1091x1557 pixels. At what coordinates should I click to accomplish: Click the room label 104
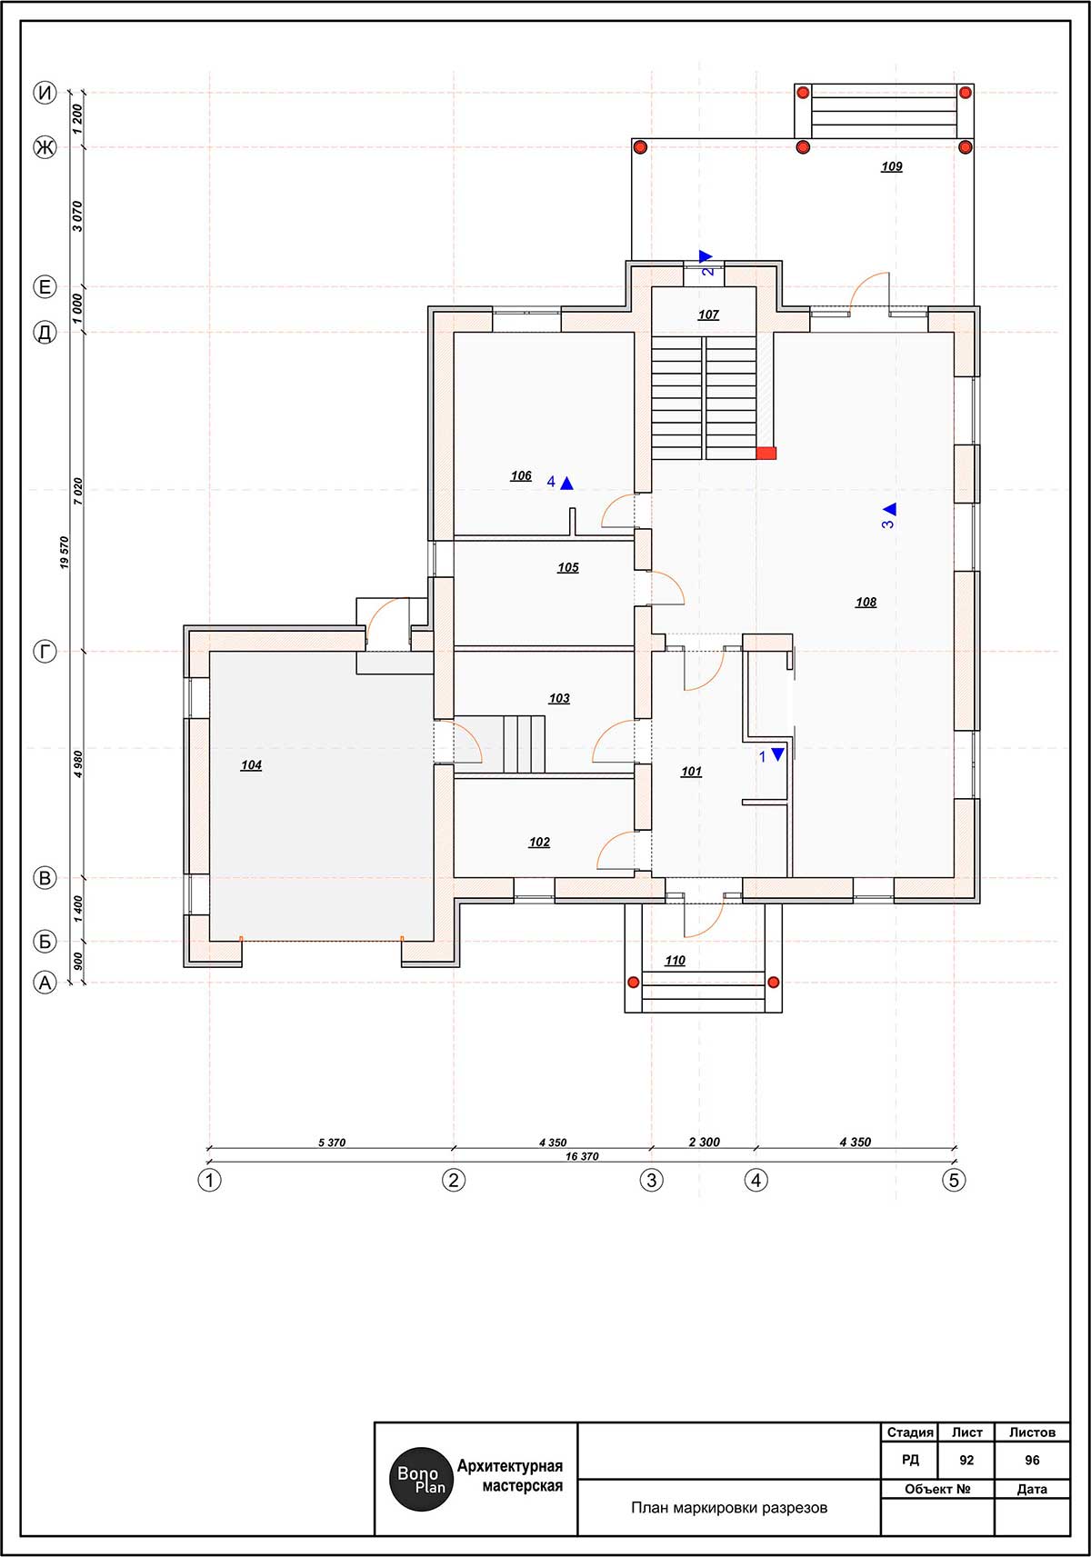(x=251, y=765)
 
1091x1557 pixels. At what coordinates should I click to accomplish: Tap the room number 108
(x=866, y=602)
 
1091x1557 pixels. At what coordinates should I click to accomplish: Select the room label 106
(x=521, y=476)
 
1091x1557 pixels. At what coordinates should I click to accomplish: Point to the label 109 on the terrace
(x=891, y=167)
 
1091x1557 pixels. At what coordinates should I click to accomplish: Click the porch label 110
(x=675, y=961)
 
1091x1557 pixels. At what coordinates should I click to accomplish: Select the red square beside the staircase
(x=766, y=454)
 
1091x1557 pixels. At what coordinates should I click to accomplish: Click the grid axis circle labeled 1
(x=209, y=1181)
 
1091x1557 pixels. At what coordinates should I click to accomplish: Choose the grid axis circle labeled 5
(x=954, y=1181)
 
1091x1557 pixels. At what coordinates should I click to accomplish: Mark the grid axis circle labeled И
(x=45, y=93)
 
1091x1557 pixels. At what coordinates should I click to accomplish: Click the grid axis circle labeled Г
(x=45, y=652)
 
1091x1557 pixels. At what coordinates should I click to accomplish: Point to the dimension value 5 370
(x=332, y=1143)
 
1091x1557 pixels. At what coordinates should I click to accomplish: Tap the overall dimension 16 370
(x=582, y=1157)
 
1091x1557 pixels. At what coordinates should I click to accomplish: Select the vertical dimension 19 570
(x=65, y=553)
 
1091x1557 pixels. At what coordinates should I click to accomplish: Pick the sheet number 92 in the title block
(x=966, y=1461)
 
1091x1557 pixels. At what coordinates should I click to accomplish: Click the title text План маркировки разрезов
(x=729, y=1508)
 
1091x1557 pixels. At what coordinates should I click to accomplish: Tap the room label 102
(x=539, y=843)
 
